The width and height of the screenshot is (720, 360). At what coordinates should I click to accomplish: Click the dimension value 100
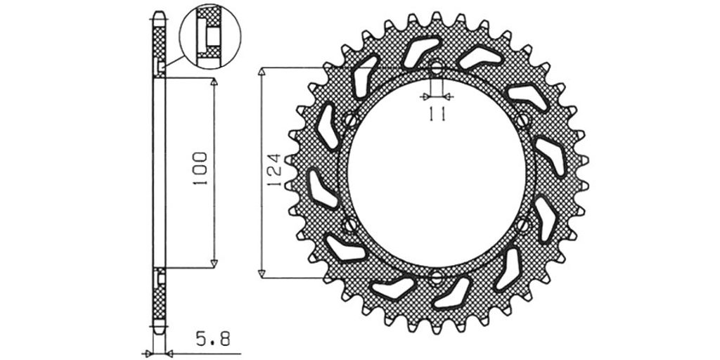click(200, 169)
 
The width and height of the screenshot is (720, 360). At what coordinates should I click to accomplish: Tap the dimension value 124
click(274, 170)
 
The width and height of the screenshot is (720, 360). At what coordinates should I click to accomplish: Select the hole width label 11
click(437, 114)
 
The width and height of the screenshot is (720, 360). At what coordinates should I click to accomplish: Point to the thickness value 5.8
click(212, 340)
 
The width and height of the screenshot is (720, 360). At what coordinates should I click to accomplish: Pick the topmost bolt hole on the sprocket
click(437, 69)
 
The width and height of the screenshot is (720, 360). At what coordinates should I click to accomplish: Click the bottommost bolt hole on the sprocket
click(437, 277)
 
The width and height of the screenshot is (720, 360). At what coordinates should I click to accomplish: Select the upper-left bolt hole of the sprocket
click(350, 121)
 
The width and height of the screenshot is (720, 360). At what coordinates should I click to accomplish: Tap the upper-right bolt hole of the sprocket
click(522, 121)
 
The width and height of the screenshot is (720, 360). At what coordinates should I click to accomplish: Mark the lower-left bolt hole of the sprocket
click(350, 224)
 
